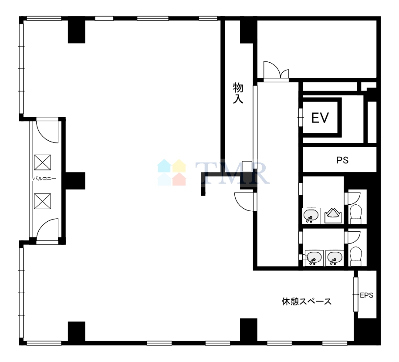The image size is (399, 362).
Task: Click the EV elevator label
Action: click(x=320, y=118)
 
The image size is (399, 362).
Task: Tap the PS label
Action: click(x=342, y=160)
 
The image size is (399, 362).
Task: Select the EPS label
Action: click(x=366, y=295)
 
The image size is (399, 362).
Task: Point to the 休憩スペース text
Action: click(x=307, y=301)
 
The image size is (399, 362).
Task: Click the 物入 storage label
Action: click(x=238, y=93)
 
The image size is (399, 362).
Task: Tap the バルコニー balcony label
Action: click(x=44, y=179)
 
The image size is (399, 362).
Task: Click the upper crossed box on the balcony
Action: click(x=43, y=162)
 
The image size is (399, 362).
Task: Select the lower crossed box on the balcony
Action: click(x=43, y=201)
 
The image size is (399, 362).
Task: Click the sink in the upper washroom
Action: click(x=311, y=215)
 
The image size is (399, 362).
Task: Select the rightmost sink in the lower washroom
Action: click(x=335, y=258)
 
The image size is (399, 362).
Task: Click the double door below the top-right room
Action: click(x=276, y=71)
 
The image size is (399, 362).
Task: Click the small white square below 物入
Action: click(x=247, y=166)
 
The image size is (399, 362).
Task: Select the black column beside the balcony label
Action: click(x=75, y=181)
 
